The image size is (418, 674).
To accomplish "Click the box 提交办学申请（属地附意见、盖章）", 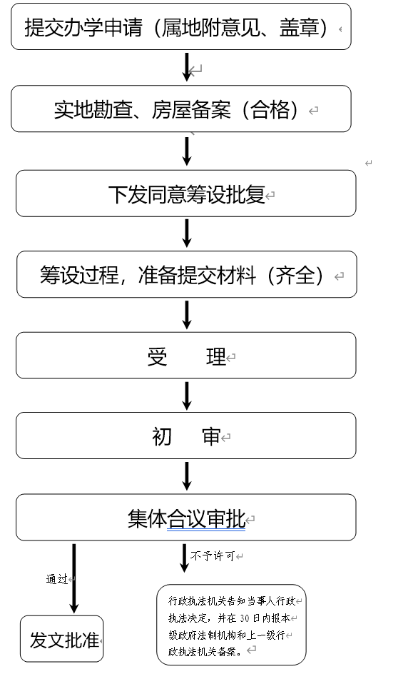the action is (x=181, y=26).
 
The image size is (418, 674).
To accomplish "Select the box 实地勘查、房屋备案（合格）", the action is (x=181, y=109).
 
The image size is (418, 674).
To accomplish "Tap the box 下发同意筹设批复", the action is (x=186, y=193).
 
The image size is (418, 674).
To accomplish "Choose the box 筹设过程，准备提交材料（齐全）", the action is (x=187, y=274).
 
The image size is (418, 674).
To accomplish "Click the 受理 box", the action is (x=186, y=356).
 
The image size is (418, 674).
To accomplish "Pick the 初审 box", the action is (x=186, y=436).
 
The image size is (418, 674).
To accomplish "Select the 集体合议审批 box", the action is (x=186, y=518).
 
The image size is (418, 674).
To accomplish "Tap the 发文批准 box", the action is (x=62, y=639).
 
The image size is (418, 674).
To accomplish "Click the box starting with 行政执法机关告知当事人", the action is (x=232, y=625).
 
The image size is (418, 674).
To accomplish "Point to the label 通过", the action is (x=57, y=579).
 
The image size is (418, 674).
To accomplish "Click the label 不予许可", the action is (x=213, y=556).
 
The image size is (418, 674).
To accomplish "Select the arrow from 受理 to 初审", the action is (x=187, y=396).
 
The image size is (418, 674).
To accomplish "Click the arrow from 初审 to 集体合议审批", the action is (x=187, y=476).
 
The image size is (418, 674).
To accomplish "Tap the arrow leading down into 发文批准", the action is (x=74, y=578).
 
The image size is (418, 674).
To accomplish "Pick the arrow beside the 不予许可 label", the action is (x=184, y=558).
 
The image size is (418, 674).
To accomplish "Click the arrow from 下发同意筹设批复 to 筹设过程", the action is (x=187, y=233).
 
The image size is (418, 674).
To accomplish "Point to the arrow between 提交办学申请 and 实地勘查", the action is (x=187, y=67).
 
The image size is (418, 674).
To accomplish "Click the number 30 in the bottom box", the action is (x=245, y=618).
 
